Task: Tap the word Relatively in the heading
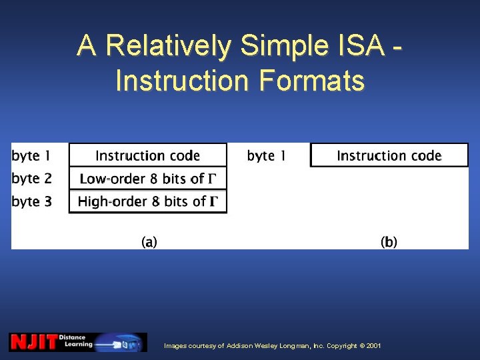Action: click(168, 45)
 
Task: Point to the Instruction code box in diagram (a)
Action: click(147, 155)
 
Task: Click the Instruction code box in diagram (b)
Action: click(389, 155)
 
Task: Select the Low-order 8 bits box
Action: click(147, 178)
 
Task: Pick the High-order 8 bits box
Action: click(147, 201)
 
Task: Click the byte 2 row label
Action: click(31, 178)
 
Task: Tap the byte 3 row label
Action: click(31, 201)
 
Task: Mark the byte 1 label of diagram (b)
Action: click(266, 156)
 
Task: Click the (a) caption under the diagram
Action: click(149, 242)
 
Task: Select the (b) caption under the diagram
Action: click(389, 242)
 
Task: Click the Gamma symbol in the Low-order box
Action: click(213, 179)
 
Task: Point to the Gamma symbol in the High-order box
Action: click(215, 201)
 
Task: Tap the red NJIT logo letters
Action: click(33, 342)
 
